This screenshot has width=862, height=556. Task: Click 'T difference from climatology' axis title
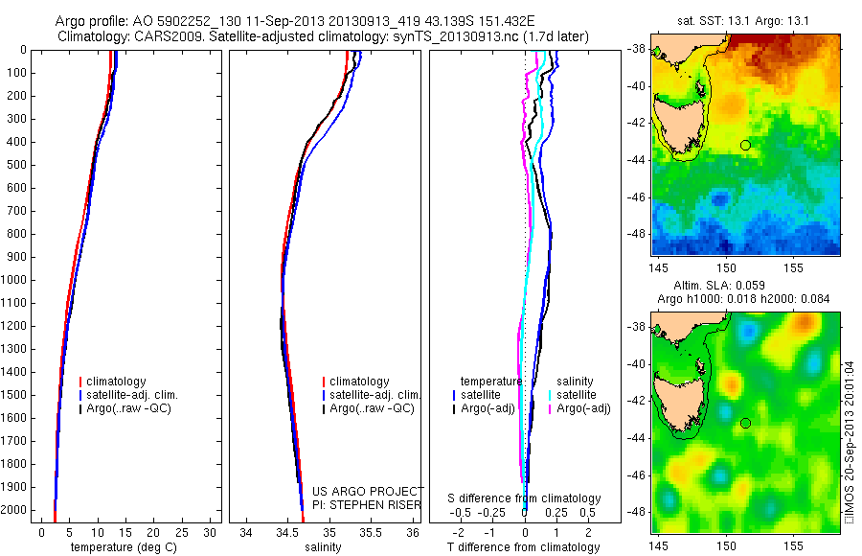click(x=523, y=547)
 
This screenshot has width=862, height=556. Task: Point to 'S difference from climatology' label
click(x=525, y=498)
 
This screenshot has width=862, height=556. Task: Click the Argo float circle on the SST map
click(x=745, y=145)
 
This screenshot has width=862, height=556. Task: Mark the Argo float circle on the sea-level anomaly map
click(x=745, y=423)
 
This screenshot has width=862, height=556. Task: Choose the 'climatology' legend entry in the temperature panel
click(x=117, y=382)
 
